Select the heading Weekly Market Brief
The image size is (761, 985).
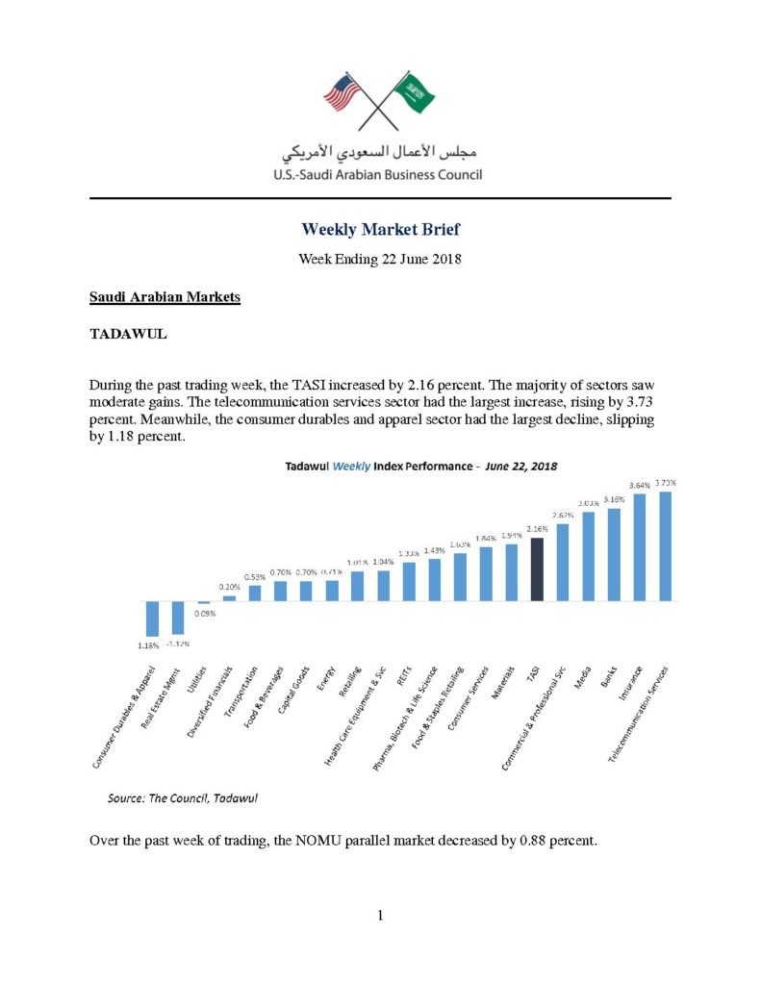380,229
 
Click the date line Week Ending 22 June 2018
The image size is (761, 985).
380,260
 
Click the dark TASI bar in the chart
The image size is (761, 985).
537,569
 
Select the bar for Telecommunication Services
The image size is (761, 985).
665,546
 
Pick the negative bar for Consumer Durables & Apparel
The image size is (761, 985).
152,618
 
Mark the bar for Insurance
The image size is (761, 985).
640,547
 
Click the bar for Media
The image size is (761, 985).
588,556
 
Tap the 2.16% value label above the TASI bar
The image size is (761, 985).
537,529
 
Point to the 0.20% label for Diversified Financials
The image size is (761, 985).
229,587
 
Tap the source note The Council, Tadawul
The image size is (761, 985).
182,797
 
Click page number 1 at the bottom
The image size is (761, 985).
380,915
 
